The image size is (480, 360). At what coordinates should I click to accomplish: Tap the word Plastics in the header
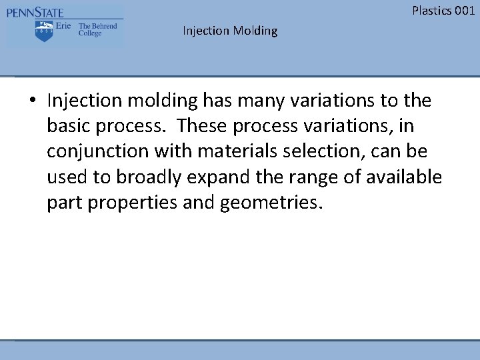[432, 10]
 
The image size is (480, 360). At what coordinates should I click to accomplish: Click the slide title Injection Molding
[230, 31]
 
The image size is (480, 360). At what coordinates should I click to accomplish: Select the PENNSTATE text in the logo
[36, 13]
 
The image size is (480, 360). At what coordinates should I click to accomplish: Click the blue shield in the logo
[45, 31]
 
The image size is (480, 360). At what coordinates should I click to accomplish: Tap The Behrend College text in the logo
[97, 29]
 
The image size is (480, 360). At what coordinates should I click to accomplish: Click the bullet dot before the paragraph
[32, 101]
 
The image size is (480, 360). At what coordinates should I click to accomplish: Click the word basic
[67, 126]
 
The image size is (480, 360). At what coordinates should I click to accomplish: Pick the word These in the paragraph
[200, 126]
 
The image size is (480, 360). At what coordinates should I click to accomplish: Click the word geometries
[272, 202]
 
